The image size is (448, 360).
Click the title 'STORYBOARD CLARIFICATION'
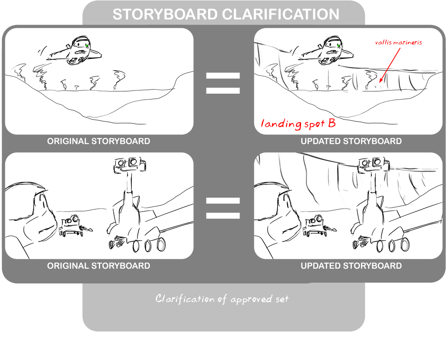226,14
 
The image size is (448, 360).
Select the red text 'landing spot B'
298,123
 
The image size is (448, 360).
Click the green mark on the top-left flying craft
87,46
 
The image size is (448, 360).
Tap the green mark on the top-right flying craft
338,46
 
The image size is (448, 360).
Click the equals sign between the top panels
223,83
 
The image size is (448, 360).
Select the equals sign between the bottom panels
223,208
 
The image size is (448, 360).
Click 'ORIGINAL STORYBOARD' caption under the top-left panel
98,141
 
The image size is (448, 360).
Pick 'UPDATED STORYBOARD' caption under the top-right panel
351,141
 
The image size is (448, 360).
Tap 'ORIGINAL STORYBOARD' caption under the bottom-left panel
98,266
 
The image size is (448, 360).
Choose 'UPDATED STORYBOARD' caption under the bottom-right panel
351,266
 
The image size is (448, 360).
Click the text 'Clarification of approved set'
222,299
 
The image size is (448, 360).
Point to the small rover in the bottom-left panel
73,226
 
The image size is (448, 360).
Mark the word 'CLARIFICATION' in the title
280,14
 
